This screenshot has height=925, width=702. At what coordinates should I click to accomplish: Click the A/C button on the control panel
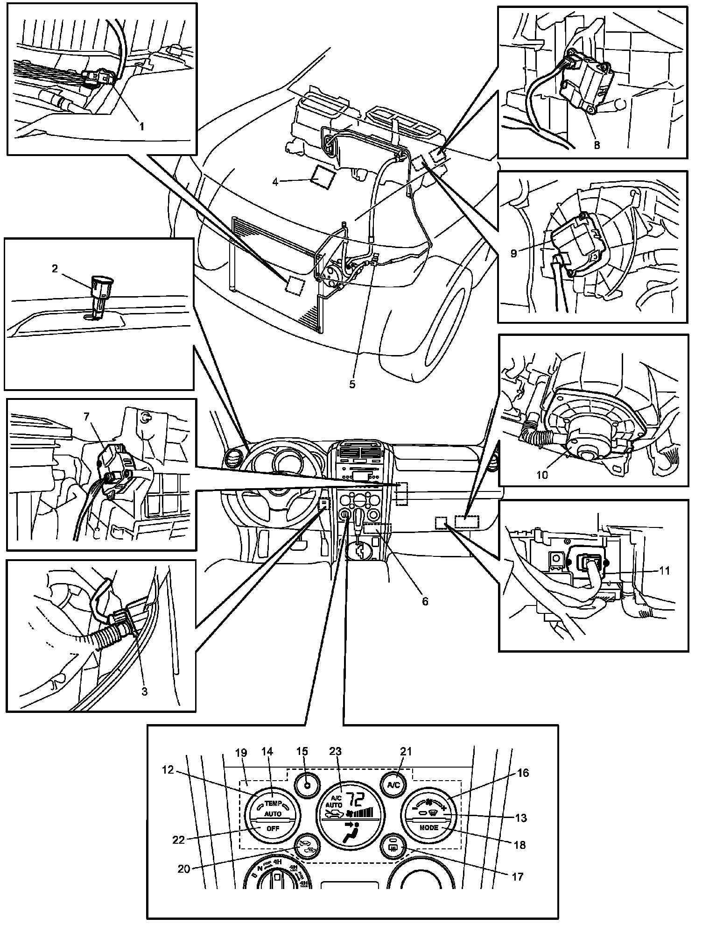393,784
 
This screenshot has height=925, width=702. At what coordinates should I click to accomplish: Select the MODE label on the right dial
428,827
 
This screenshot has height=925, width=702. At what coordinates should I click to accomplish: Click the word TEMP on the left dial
273,803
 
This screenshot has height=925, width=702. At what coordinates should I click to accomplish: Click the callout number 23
335,751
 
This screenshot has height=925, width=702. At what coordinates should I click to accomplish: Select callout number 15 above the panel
302,751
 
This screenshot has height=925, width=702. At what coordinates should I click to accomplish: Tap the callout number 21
407,751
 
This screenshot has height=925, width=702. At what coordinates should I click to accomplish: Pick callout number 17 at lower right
518,876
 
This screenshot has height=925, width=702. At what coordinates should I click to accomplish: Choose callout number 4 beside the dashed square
275,182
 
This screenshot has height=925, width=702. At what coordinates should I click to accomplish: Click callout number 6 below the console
425,601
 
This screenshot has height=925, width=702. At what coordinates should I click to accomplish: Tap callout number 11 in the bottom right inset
665,570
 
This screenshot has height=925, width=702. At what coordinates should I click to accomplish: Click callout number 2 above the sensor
55,268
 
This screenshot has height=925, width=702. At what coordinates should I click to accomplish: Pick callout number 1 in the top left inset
140,126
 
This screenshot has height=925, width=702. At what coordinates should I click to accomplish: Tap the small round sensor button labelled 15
307,784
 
